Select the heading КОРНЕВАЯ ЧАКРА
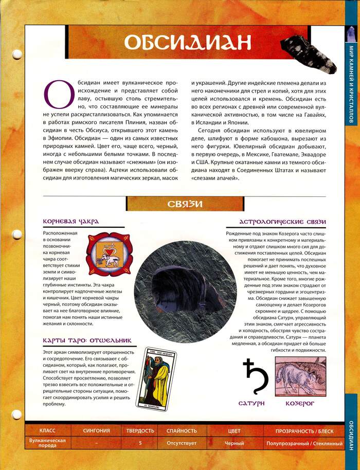(71, 222)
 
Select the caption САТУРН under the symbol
(251, 404)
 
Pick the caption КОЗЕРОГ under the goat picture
(300, 404)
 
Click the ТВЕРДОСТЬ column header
(140, 430)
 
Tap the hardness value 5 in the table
(140, 443)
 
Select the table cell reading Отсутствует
(182, 443)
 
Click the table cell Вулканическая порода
(47, 443)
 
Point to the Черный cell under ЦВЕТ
(234, 443)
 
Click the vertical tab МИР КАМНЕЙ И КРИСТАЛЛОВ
(351, 84)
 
